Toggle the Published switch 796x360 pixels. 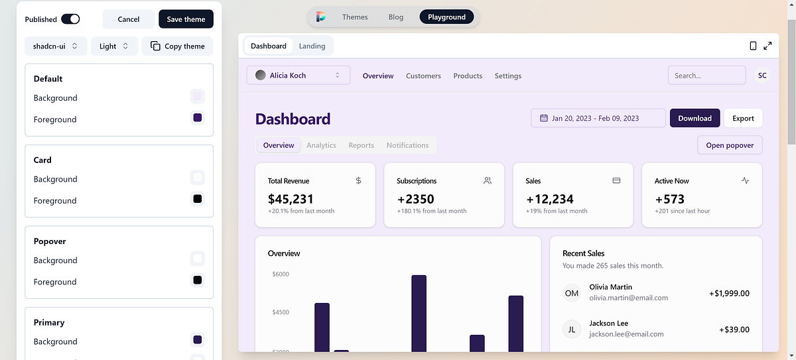click(x=70, y=19)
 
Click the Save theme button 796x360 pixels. click(x=186, y=19)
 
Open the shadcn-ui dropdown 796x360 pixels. click(x=56, y=46)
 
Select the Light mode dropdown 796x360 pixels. click(x=114, y=46)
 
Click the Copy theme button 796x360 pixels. click(x=177, y=46)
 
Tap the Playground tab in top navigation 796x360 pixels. click(x=446, y=17)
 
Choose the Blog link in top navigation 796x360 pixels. click(x=396, y=17)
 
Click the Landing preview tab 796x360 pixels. click(x=312, y=46)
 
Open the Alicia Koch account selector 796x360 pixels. click(x=298, y=76)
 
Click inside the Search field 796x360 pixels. click(x=706, y=76)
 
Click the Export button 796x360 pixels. click(x=743, y=118)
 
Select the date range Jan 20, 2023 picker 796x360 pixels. click(x=598, y=118)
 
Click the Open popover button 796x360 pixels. click(x=730, y=145)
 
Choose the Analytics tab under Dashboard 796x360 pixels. click(x=321, y=145)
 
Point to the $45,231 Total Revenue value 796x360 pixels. click(x=291, y=199)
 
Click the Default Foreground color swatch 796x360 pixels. click(x=197, y=118)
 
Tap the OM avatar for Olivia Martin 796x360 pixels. click(x=572, y=293)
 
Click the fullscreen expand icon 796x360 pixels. click(x=767, y=46)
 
